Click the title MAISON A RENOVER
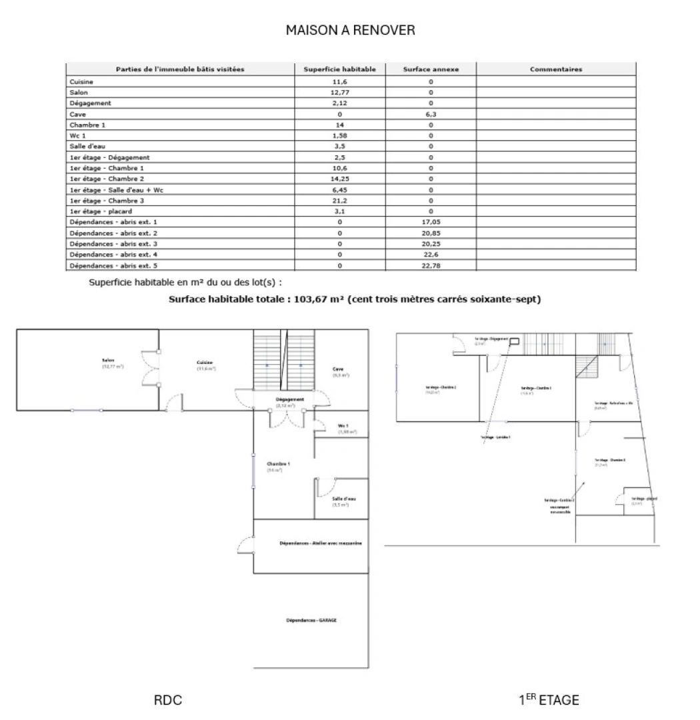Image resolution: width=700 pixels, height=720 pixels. tap(350, 30)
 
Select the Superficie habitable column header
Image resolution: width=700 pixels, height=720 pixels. tap(339, 69)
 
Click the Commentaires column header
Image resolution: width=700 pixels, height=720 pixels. tap(555, 69)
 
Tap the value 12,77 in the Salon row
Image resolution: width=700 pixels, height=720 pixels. tap(339, 92)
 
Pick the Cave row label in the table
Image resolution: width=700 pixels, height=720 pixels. tap(77, 115)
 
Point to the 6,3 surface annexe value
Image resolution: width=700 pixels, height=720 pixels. tap(431, 115)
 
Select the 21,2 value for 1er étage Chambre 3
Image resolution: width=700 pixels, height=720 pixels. tap(339, 200)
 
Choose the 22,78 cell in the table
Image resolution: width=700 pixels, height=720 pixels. tap(431, 265)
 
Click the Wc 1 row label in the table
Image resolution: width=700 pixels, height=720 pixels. tap(79, 136)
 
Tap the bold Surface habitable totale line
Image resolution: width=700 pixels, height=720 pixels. tap(354, 299)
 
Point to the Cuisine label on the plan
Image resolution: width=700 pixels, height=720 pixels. tap(204, 363)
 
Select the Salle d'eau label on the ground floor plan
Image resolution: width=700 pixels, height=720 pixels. tap(344, 499)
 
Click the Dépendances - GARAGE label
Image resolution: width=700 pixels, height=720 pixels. tap(311, 620)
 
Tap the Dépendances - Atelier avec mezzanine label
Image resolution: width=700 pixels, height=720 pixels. tap(321, 544)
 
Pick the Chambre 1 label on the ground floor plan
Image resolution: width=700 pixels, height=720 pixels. tap(278, 464)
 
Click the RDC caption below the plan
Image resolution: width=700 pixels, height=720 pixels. tap(168, 700)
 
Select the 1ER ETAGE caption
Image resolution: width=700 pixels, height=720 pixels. tap(549, 700)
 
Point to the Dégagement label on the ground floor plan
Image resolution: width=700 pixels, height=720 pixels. tap(290, 399)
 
